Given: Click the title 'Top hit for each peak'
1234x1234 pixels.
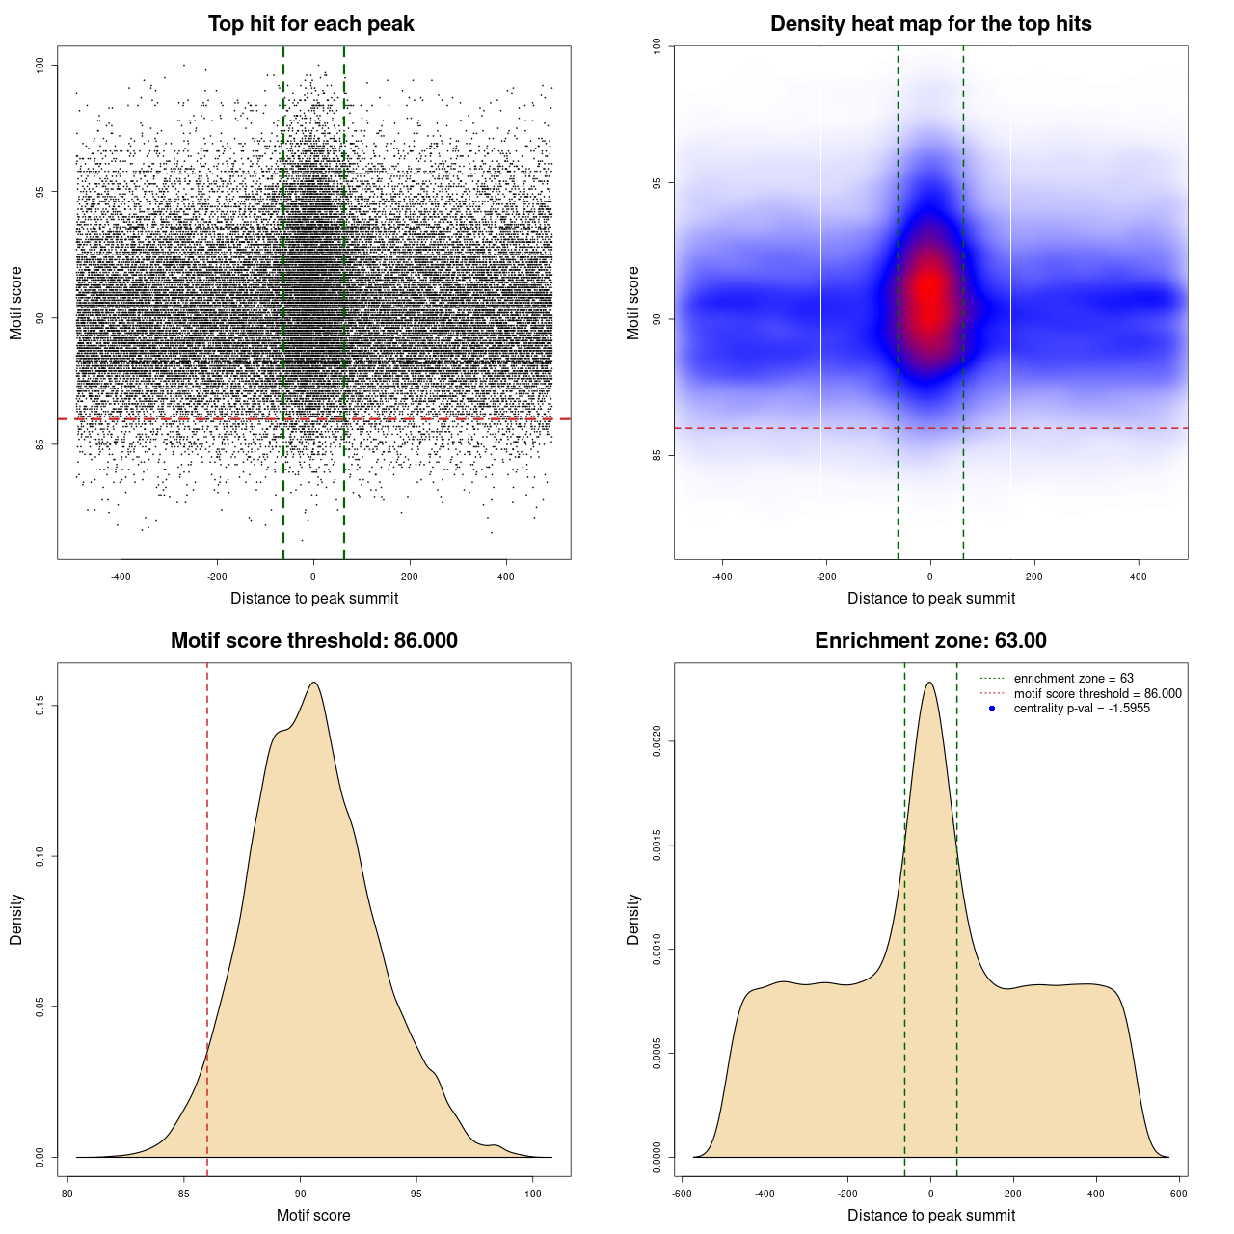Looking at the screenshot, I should coord(311,24).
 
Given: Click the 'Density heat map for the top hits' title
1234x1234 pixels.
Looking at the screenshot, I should coord(930,24).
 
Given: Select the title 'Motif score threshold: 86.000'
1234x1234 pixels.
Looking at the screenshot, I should coord(313,641).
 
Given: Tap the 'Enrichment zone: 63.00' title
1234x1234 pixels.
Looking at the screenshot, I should coord(930,641).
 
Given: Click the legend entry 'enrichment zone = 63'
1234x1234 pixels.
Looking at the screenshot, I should coord(1073,679).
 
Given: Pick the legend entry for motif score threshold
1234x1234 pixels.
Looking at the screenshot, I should coord(1097,693).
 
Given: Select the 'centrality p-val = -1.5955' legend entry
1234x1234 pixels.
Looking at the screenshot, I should coord(1082,709).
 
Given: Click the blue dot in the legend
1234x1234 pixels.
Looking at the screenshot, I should coord(992,709).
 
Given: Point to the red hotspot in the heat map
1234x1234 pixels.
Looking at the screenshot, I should coord(929,294).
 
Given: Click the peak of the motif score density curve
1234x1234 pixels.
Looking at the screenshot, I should coord(314,683).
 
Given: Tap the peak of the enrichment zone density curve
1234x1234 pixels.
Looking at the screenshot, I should coord(929,683).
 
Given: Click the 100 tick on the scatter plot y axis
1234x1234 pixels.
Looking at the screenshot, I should coord(40,65).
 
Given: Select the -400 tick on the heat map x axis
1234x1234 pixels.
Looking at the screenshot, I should coord(722,577).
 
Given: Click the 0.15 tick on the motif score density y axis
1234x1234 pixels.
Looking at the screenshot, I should coord(40,707).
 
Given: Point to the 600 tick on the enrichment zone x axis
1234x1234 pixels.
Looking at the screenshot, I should coord(1178,1194).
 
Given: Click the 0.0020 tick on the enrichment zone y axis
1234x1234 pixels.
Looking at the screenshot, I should coord(657,741).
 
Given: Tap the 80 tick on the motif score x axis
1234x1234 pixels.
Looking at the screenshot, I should coord(67,1194).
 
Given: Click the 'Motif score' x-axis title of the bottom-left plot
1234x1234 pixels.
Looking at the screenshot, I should coord(313,1215).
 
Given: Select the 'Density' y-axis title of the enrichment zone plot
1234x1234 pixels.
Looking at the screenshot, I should coord(633,919).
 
